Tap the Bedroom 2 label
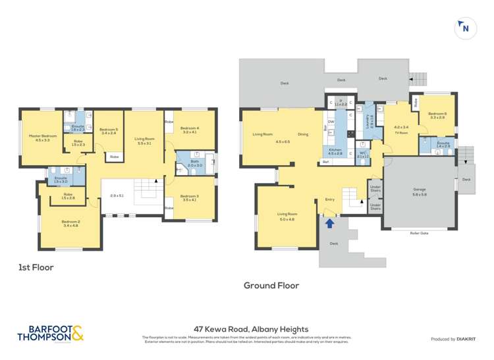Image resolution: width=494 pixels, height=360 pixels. click(x=70, y=222)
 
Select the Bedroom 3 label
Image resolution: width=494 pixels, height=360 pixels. click(x=189, y=195)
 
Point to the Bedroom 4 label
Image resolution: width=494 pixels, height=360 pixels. click(x=190, y=129)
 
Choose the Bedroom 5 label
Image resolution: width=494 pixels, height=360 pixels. click(x=108, y=130)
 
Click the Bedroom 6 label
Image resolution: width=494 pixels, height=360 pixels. click(x=437, y=114)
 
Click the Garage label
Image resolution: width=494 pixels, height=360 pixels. click(x=420, y=191)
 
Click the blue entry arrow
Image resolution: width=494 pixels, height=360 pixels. click(x=329, y=224)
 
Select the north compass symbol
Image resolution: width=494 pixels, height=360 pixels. click(x=465, y=28)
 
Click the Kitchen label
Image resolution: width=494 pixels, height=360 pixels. click(x=335, y=150)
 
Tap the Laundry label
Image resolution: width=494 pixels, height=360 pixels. click(x=362, y=120)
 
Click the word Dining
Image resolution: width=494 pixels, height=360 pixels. click(x=302, y=134)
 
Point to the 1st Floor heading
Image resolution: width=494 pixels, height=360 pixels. click(x=36, y=268)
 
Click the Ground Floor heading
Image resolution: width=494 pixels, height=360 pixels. click(x=271, y=285)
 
